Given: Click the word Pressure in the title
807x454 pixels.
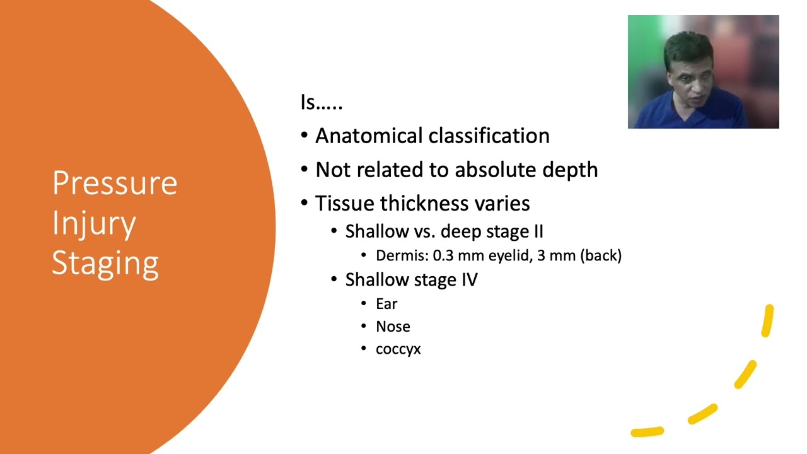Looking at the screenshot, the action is pyautogui.click(x=115, y=183).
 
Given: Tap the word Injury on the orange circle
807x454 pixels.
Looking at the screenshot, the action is pyautogui.click(x=94, y=224).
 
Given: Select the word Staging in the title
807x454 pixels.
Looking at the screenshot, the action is pyautogui.click(x=105, y=264).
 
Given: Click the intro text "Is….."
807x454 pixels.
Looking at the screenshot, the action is pyautogui.click(x=322, y=102).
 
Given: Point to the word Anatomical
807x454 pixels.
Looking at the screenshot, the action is pyautogui.click(x=369, y=136).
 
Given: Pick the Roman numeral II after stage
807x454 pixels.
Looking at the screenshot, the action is pyautogui.click(x=538, y=231).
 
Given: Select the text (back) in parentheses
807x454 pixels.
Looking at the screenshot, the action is pyautogui.click(x=601, y=256).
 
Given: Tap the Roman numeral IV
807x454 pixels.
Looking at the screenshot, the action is pyautogui.click(x=470, y=279).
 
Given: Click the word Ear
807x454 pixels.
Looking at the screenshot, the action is pyautogui.click(x=386, y=304).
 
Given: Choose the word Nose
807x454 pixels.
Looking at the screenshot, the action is pyautogui.click(x=393, y=327).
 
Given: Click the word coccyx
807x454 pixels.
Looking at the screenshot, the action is pyautogui.click(x=398, y=349).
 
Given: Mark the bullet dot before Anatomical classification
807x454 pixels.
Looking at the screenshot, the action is pyautogui.click(x=305, y=136).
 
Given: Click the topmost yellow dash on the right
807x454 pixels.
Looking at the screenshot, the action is pyautogui.click(x=767, y=321).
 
